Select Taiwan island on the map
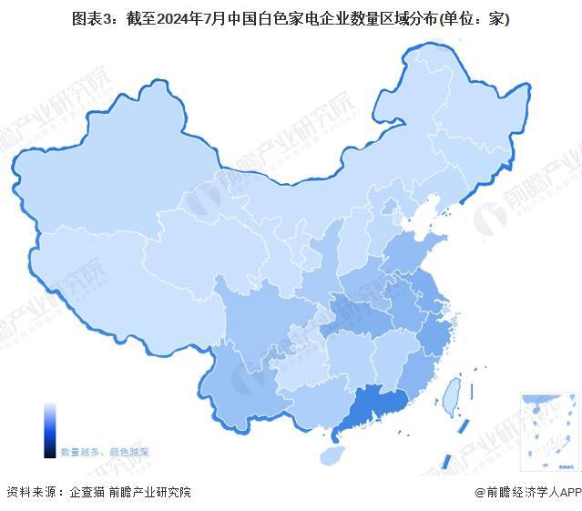point(449,393)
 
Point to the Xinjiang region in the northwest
point(109,182)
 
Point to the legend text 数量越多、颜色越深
point(105,452)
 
